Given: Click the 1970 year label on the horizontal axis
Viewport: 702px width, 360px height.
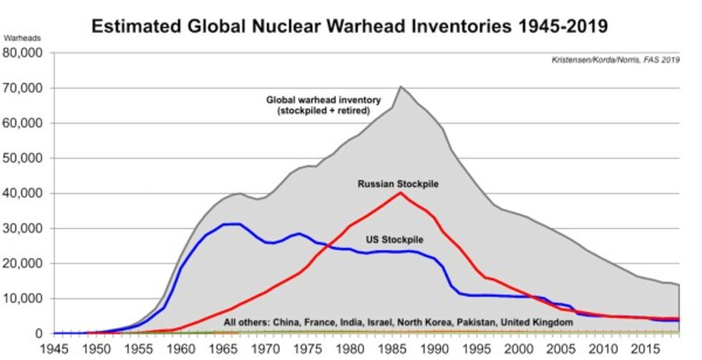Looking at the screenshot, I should pos(264,348).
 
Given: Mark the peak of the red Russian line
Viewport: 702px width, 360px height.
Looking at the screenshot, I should pos(400,193).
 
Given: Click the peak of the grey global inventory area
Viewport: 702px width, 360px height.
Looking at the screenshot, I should pos(400,87).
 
